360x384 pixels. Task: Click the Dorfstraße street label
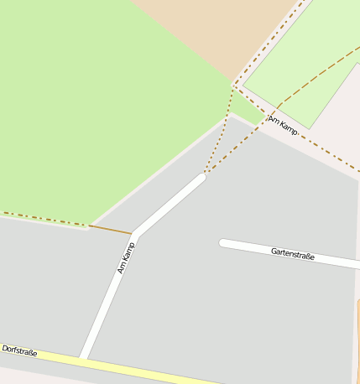coord(19,350)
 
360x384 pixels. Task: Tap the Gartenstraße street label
coord(292,254)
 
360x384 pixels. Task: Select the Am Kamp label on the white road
coord(126,257)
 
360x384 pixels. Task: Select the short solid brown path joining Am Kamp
coord(110,229)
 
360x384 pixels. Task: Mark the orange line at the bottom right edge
coord(357,335)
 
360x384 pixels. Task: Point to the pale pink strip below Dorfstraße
coord(25,373)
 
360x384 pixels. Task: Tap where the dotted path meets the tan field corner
coord(234,84)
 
